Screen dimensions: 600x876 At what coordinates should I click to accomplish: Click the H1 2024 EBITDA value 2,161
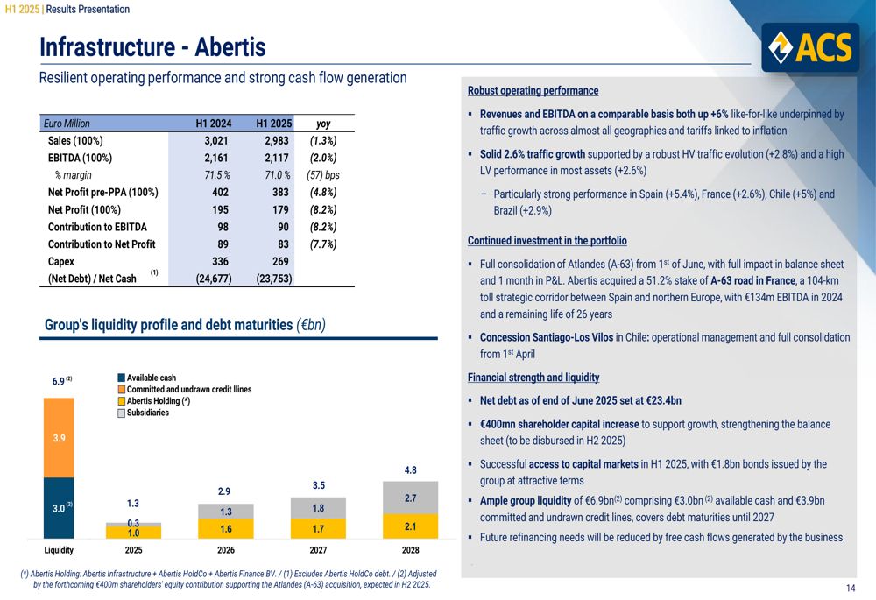(x=216, y=158)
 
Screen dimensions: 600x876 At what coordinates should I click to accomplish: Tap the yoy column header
(x=322, y=124)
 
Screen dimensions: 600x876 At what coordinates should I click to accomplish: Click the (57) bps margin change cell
(x=323, y=175)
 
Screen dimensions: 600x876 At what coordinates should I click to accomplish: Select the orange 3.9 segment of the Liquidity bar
(x=59, y=438)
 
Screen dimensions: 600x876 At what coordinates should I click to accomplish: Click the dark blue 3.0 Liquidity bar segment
(x=59, y=508)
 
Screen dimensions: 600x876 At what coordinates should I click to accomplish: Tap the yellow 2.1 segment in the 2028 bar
(x=410, y=526)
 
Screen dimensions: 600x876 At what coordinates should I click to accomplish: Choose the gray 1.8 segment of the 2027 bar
(x=318, y=508)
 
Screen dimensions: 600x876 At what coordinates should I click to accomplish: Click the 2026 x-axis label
(x=225, y=550)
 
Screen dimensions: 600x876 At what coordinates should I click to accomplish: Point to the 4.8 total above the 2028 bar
(x=410, y=470)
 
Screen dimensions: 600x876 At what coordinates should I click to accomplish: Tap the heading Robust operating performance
(x=533, y=91)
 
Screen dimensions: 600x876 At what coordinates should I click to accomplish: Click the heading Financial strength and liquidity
(x=533, y=378)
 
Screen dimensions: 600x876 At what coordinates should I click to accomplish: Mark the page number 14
(x=851, y=588)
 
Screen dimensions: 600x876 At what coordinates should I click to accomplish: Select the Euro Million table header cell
(x=69, y=124)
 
